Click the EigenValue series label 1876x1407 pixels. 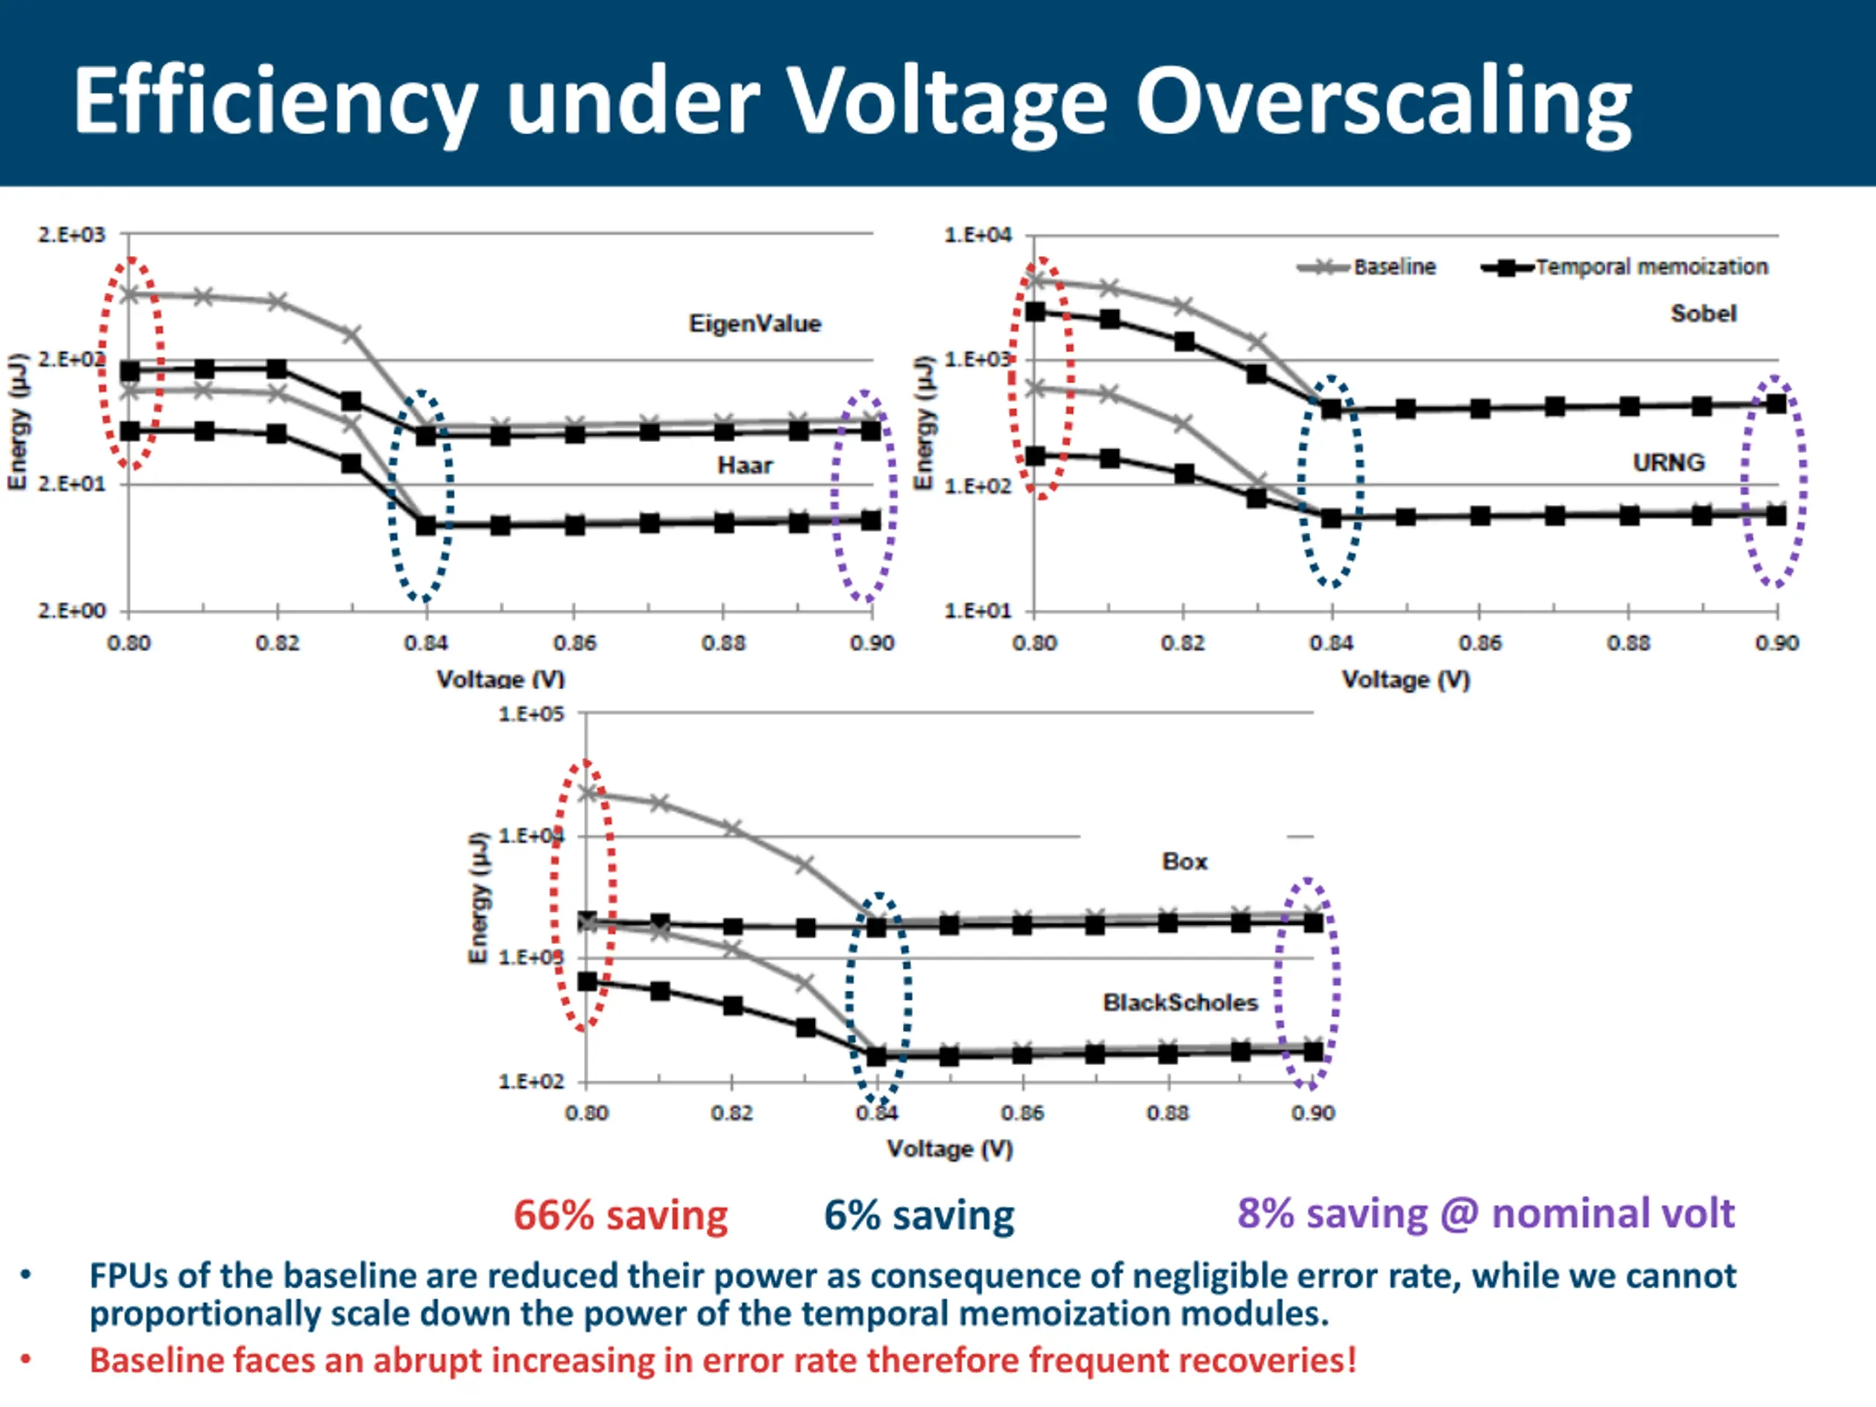(754, 323)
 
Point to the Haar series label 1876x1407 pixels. (745, 465)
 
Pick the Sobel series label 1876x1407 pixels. (1703, 313)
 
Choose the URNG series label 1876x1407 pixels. (1668, 462)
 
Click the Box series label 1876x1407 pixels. (1184, 862)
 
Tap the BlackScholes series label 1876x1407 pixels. (1180, 1002)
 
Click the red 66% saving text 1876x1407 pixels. (620, 1214)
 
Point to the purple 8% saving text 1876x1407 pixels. (1485, 1213)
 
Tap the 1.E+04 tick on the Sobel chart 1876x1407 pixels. (978, 235)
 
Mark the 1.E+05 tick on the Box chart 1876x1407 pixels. (531, 714)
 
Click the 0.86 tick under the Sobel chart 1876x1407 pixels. (1480, 643)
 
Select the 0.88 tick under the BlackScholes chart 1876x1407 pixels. (1168, 1112)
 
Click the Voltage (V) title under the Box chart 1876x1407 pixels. (949, 1149)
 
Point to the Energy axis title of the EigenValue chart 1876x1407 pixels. (18, 421)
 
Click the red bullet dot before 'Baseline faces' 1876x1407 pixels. (26, 1360)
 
